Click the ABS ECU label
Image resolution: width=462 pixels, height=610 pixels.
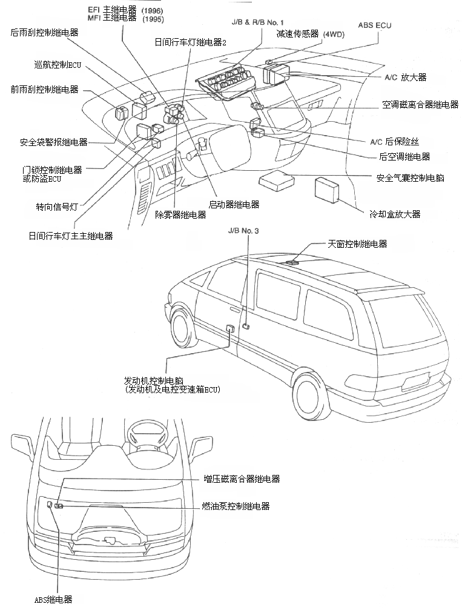pyautogui.click(x=375, y=25)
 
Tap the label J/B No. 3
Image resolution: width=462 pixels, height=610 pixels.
pyautogui.click(x=244, y=231)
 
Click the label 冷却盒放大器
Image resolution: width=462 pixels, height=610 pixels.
pyautogui.click(x=395, y=214)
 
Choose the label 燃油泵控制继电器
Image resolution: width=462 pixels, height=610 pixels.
pyautogui.click(x=236, y=506)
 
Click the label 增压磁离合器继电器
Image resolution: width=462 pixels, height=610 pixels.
pyautogui.click(x=241, y=479)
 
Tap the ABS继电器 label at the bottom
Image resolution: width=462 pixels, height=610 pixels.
pyautogui.click(x=53, y=599)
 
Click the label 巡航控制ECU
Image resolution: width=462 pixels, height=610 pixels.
pyautogui.click(x=59, y=64)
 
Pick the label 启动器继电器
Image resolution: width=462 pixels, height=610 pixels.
pyautogui.click(x=234, y=204)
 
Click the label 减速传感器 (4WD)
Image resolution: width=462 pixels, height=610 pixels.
pyautogui.click(x=309, y=35)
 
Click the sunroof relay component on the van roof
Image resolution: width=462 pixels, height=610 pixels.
pyautogui.click(x=293, y=262)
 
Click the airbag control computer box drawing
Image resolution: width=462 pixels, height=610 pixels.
pyautogui.click(x=276, y=180)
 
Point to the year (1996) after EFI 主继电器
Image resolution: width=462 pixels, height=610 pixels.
pyautogui.click(x=151, y=11)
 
